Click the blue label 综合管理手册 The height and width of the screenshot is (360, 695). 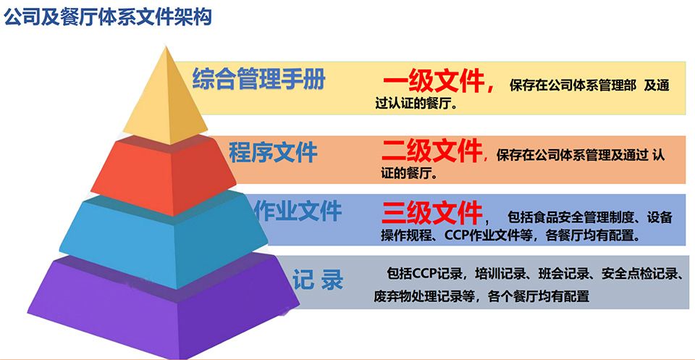(x=259, y=80)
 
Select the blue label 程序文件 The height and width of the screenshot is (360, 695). (x=273, y=152)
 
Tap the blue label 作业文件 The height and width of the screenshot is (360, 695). (x=298, y=211)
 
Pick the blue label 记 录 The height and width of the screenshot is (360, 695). (x=318, y=280)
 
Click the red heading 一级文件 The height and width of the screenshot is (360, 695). (x=434, y=83)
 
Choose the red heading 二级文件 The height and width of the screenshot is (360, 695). (x=431, y=151)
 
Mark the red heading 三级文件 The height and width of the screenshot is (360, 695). (x=431, y=213)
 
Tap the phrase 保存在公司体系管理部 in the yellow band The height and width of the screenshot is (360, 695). (x=573, y=85)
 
